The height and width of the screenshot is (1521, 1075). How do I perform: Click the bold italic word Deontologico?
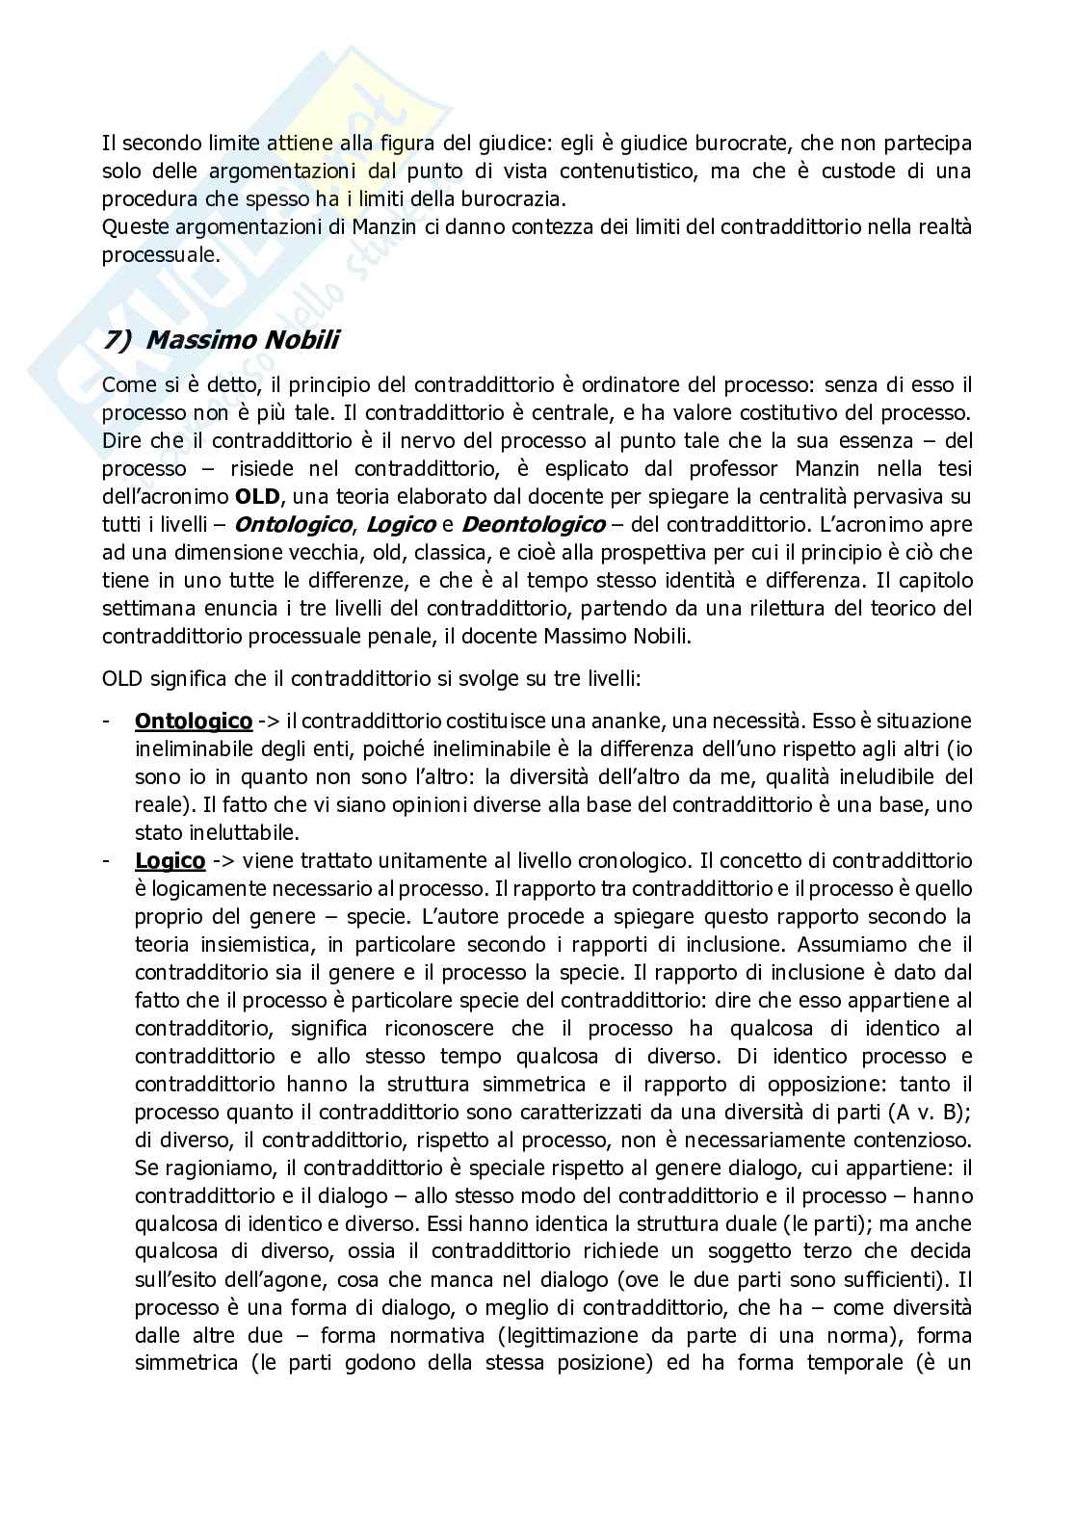point(534,525)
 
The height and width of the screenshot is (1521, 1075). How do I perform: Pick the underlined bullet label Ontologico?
point(194,721)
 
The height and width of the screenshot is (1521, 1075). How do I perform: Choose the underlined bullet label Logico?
point(170,860)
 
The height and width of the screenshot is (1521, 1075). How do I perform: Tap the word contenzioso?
point(903,1140)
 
